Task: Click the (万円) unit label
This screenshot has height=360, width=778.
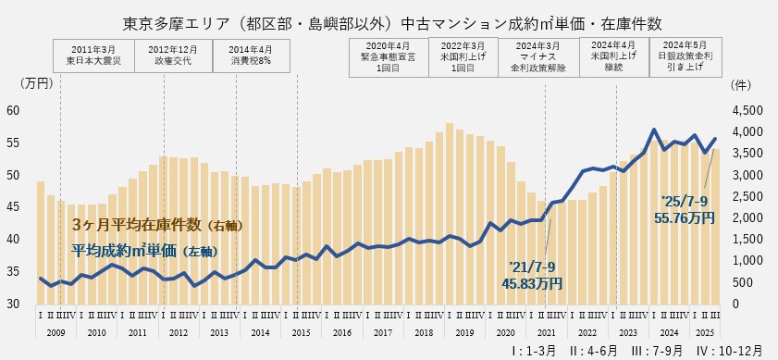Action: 36,83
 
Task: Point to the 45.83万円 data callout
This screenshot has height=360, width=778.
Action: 535,275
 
